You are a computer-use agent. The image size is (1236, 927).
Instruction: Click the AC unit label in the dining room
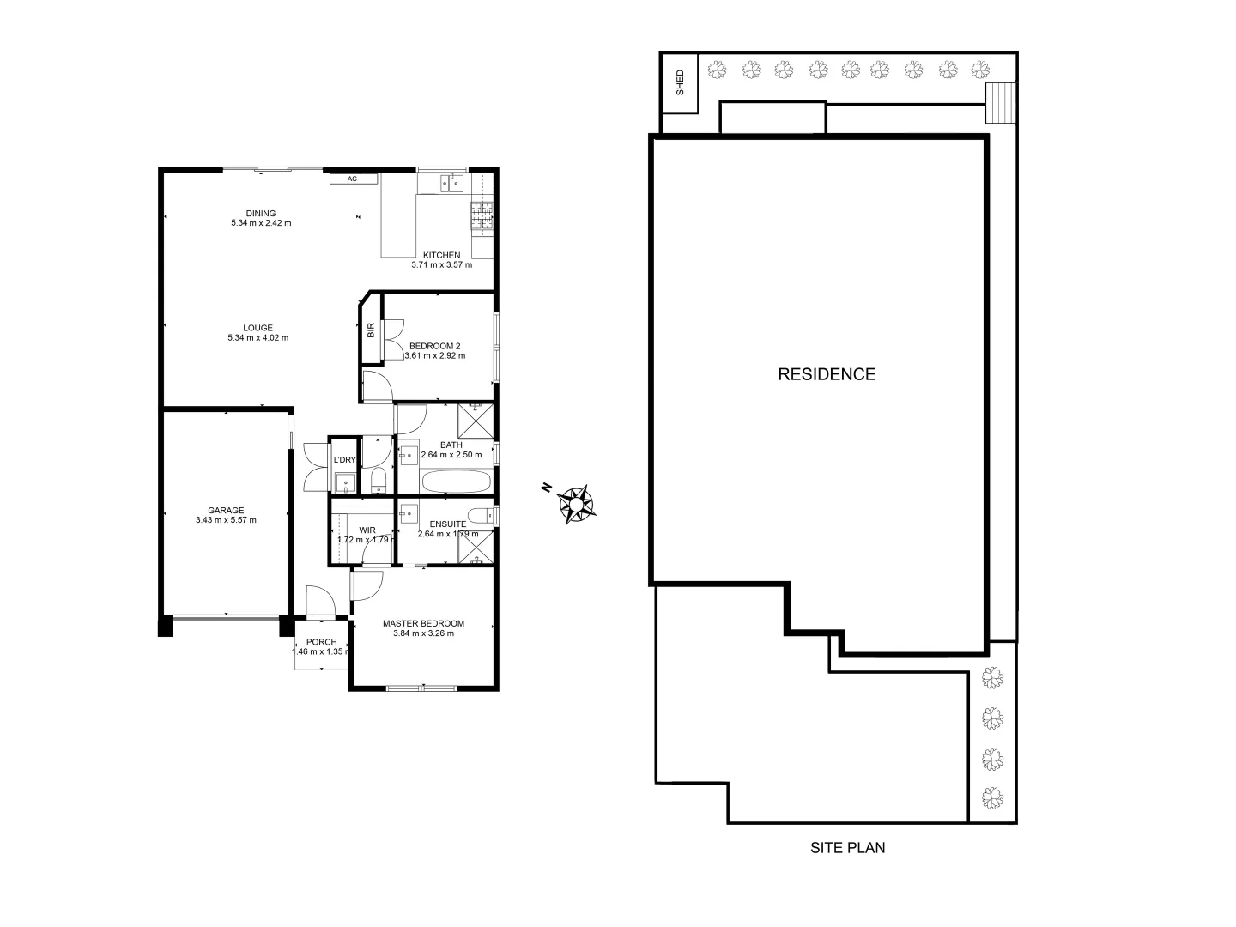tap(353, 179)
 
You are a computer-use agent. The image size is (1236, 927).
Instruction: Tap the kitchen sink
tap(451, 182)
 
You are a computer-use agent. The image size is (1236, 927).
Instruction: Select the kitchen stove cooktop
tap(482, 215)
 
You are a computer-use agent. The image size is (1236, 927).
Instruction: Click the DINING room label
tap(261, 214)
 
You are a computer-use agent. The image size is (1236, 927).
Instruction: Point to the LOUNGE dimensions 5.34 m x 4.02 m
tap(257, 337)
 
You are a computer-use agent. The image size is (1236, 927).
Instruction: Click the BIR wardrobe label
tap(371, 330)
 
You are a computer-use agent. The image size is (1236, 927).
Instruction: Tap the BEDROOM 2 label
tap(434, 346)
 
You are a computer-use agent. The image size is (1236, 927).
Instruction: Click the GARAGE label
tap(226, 510)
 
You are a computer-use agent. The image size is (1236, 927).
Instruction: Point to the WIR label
tap(367, 530)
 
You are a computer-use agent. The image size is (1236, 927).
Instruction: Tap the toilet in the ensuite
tap(488, 515)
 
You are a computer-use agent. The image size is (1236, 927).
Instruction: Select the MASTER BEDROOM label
tap(423, 624)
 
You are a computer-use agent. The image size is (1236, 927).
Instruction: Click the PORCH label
tap(322, 642)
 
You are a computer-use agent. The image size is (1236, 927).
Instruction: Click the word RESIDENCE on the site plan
tap(826, 374)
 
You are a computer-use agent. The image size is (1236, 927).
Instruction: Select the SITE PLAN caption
tap(847, 848)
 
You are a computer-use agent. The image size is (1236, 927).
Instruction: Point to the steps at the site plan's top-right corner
tap(1000, 103)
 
